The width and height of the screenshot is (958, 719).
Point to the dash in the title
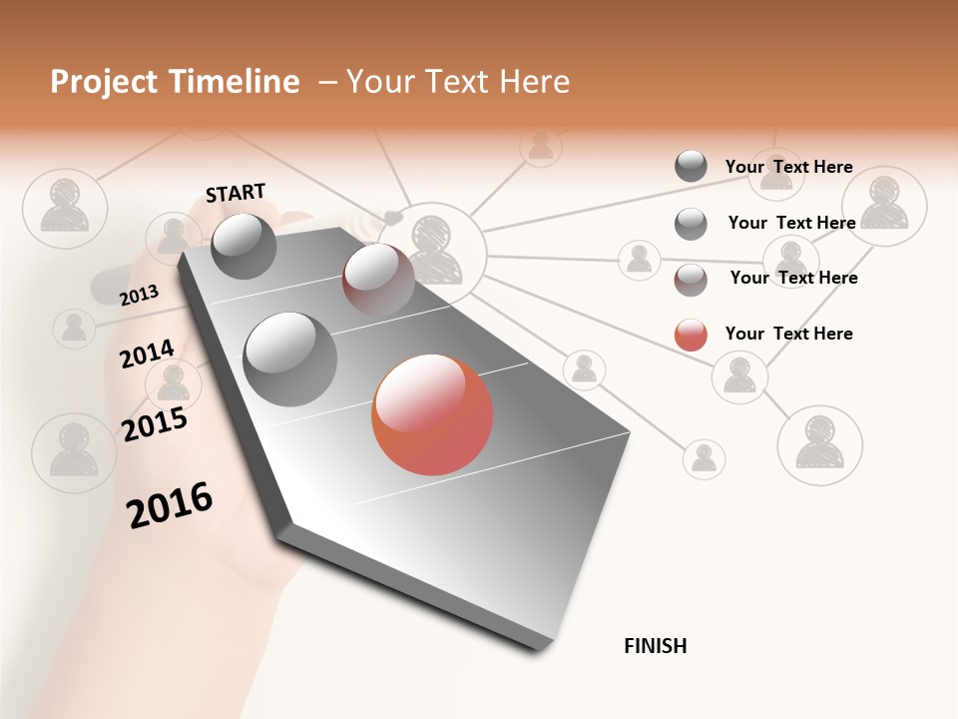tap(327, 83)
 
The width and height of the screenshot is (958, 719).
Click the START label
tap(236, 192)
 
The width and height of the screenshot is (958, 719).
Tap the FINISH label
tap(655, 646)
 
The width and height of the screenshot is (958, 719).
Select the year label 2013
tap(139, 295)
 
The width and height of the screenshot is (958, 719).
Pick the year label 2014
tap(147, 354)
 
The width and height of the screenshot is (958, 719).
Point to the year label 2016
tap(170, 505)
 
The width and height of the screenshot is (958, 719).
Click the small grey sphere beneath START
tap(244, 246)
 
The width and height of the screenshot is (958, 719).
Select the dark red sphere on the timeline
tap(378, 279)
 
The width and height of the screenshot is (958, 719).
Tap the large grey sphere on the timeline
tap(290, 359)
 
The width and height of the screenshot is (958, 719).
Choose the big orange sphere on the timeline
tap(432, 414)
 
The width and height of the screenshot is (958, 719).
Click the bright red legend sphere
tap(691, 335)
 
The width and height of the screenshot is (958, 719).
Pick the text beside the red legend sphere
tap(788, 334)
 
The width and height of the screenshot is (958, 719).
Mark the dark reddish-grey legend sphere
tap(691, 280)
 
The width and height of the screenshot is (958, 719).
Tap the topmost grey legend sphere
tap(691, 166)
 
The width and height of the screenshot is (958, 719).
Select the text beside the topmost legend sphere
tap(788, 167)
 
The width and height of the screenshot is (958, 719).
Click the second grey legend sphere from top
tap(691, 224)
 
